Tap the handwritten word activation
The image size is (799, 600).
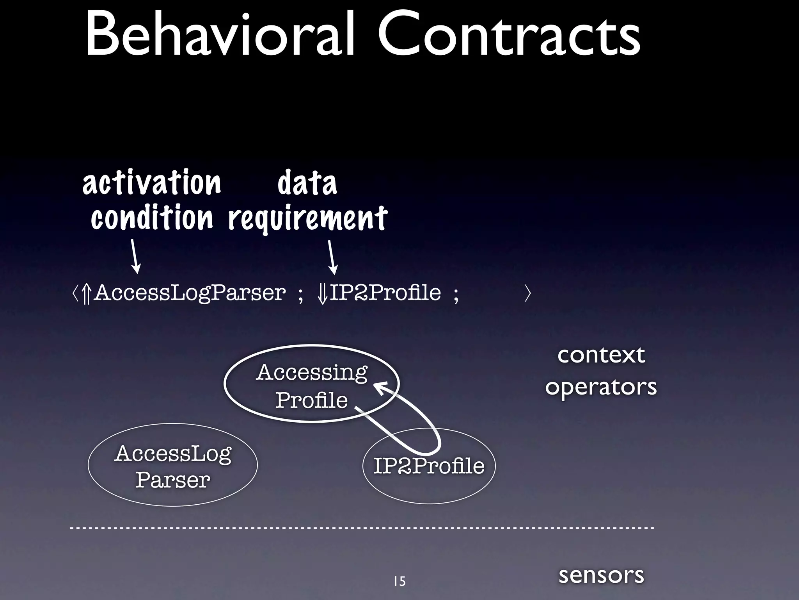pos(152,182)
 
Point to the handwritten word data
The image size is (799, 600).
pos(307,182)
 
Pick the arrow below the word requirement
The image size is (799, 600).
pos(332,257)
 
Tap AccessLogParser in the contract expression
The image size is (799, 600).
pos(190,293)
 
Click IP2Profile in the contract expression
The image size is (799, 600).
pos(385,293)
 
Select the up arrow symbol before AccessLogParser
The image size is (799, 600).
pos(87,294)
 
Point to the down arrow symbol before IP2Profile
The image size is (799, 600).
pos(323,294)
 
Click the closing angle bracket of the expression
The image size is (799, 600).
pos(528,293)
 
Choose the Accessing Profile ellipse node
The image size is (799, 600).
pos(311,385)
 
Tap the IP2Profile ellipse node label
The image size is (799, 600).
pos(429,466)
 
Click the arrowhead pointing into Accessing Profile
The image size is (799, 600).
pos(380,387)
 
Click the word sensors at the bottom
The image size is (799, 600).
pos(601,575)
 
